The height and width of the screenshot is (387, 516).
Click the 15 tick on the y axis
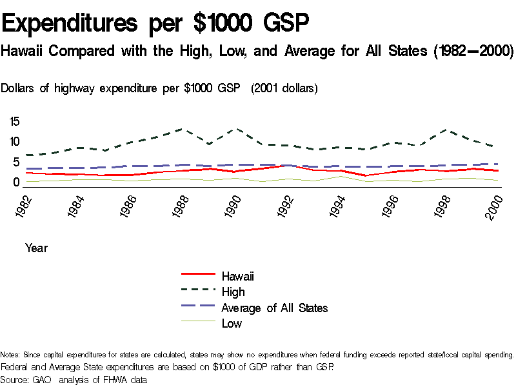coord(15,121)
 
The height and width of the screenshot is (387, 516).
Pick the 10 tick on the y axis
coord(15,142)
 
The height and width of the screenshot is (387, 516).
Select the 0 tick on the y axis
coord(17,183)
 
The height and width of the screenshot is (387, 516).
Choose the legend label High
coord(233,292)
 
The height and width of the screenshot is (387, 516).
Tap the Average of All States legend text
coord(274,308)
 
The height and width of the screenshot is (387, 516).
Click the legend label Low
coord(232,324)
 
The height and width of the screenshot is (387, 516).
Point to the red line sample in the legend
coord(198,276)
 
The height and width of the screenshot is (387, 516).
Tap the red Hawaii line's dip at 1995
coord(366,175)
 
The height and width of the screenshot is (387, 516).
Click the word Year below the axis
coord(36,248)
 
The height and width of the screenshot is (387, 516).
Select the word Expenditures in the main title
coord(71,25)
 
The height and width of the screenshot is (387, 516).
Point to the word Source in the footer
coord(15,380)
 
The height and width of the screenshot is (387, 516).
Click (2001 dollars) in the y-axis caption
coord(284,88)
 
